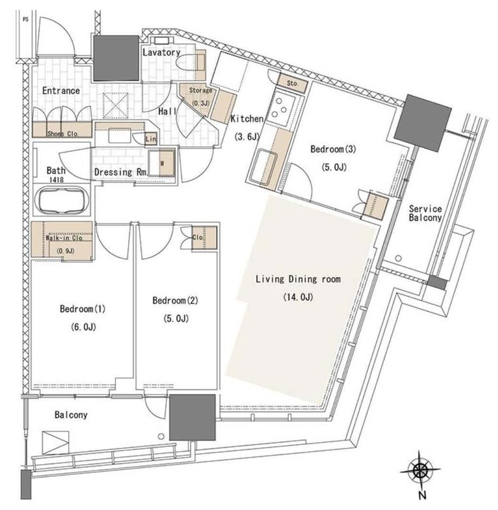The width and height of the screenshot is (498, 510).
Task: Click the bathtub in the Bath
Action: (x=62, y=201)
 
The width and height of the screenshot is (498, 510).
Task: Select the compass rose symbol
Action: (x=420, y=470)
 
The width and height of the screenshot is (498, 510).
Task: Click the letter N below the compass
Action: (x=422, y=495)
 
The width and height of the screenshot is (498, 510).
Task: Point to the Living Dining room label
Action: (x=298, y=279)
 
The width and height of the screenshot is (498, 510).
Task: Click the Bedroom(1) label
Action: (x=83, y=309)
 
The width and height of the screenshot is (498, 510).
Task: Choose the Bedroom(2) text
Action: (x=175, y=300)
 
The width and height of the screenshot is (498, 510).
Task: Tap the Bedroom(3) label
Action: (x=333, y=149)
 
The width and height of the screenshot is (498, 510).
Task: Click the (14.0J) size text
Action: (x=298, y=297)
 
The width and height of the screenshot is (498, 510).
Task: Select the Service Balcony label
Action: (x=425, y=213)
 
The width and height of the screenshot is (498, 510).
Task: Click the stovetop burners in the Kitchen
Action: (x=281, y=106)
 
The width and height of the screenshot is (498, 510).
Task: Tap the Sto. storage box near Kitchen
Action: (x=292, y=84)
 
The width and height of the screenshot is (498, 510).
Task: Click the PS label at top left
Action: (x=26, y=20)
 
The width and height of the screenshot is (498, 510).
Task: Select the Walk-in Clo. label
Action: (x=64, y=238)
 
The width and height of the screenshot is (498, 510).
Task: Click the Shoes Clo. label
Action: (x=62, y=133)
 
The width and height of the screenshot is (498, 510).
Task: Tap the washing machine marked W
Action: (x=162, y=163)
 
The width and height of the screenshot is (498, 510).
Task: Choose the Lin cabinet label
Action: (x=150, y=139)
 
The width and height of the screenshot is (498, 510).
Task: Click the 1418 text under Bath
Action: (x=56, y=180)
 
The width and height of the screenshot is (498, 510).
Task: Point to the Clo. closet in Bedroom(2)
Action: (x=204, y=238)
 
